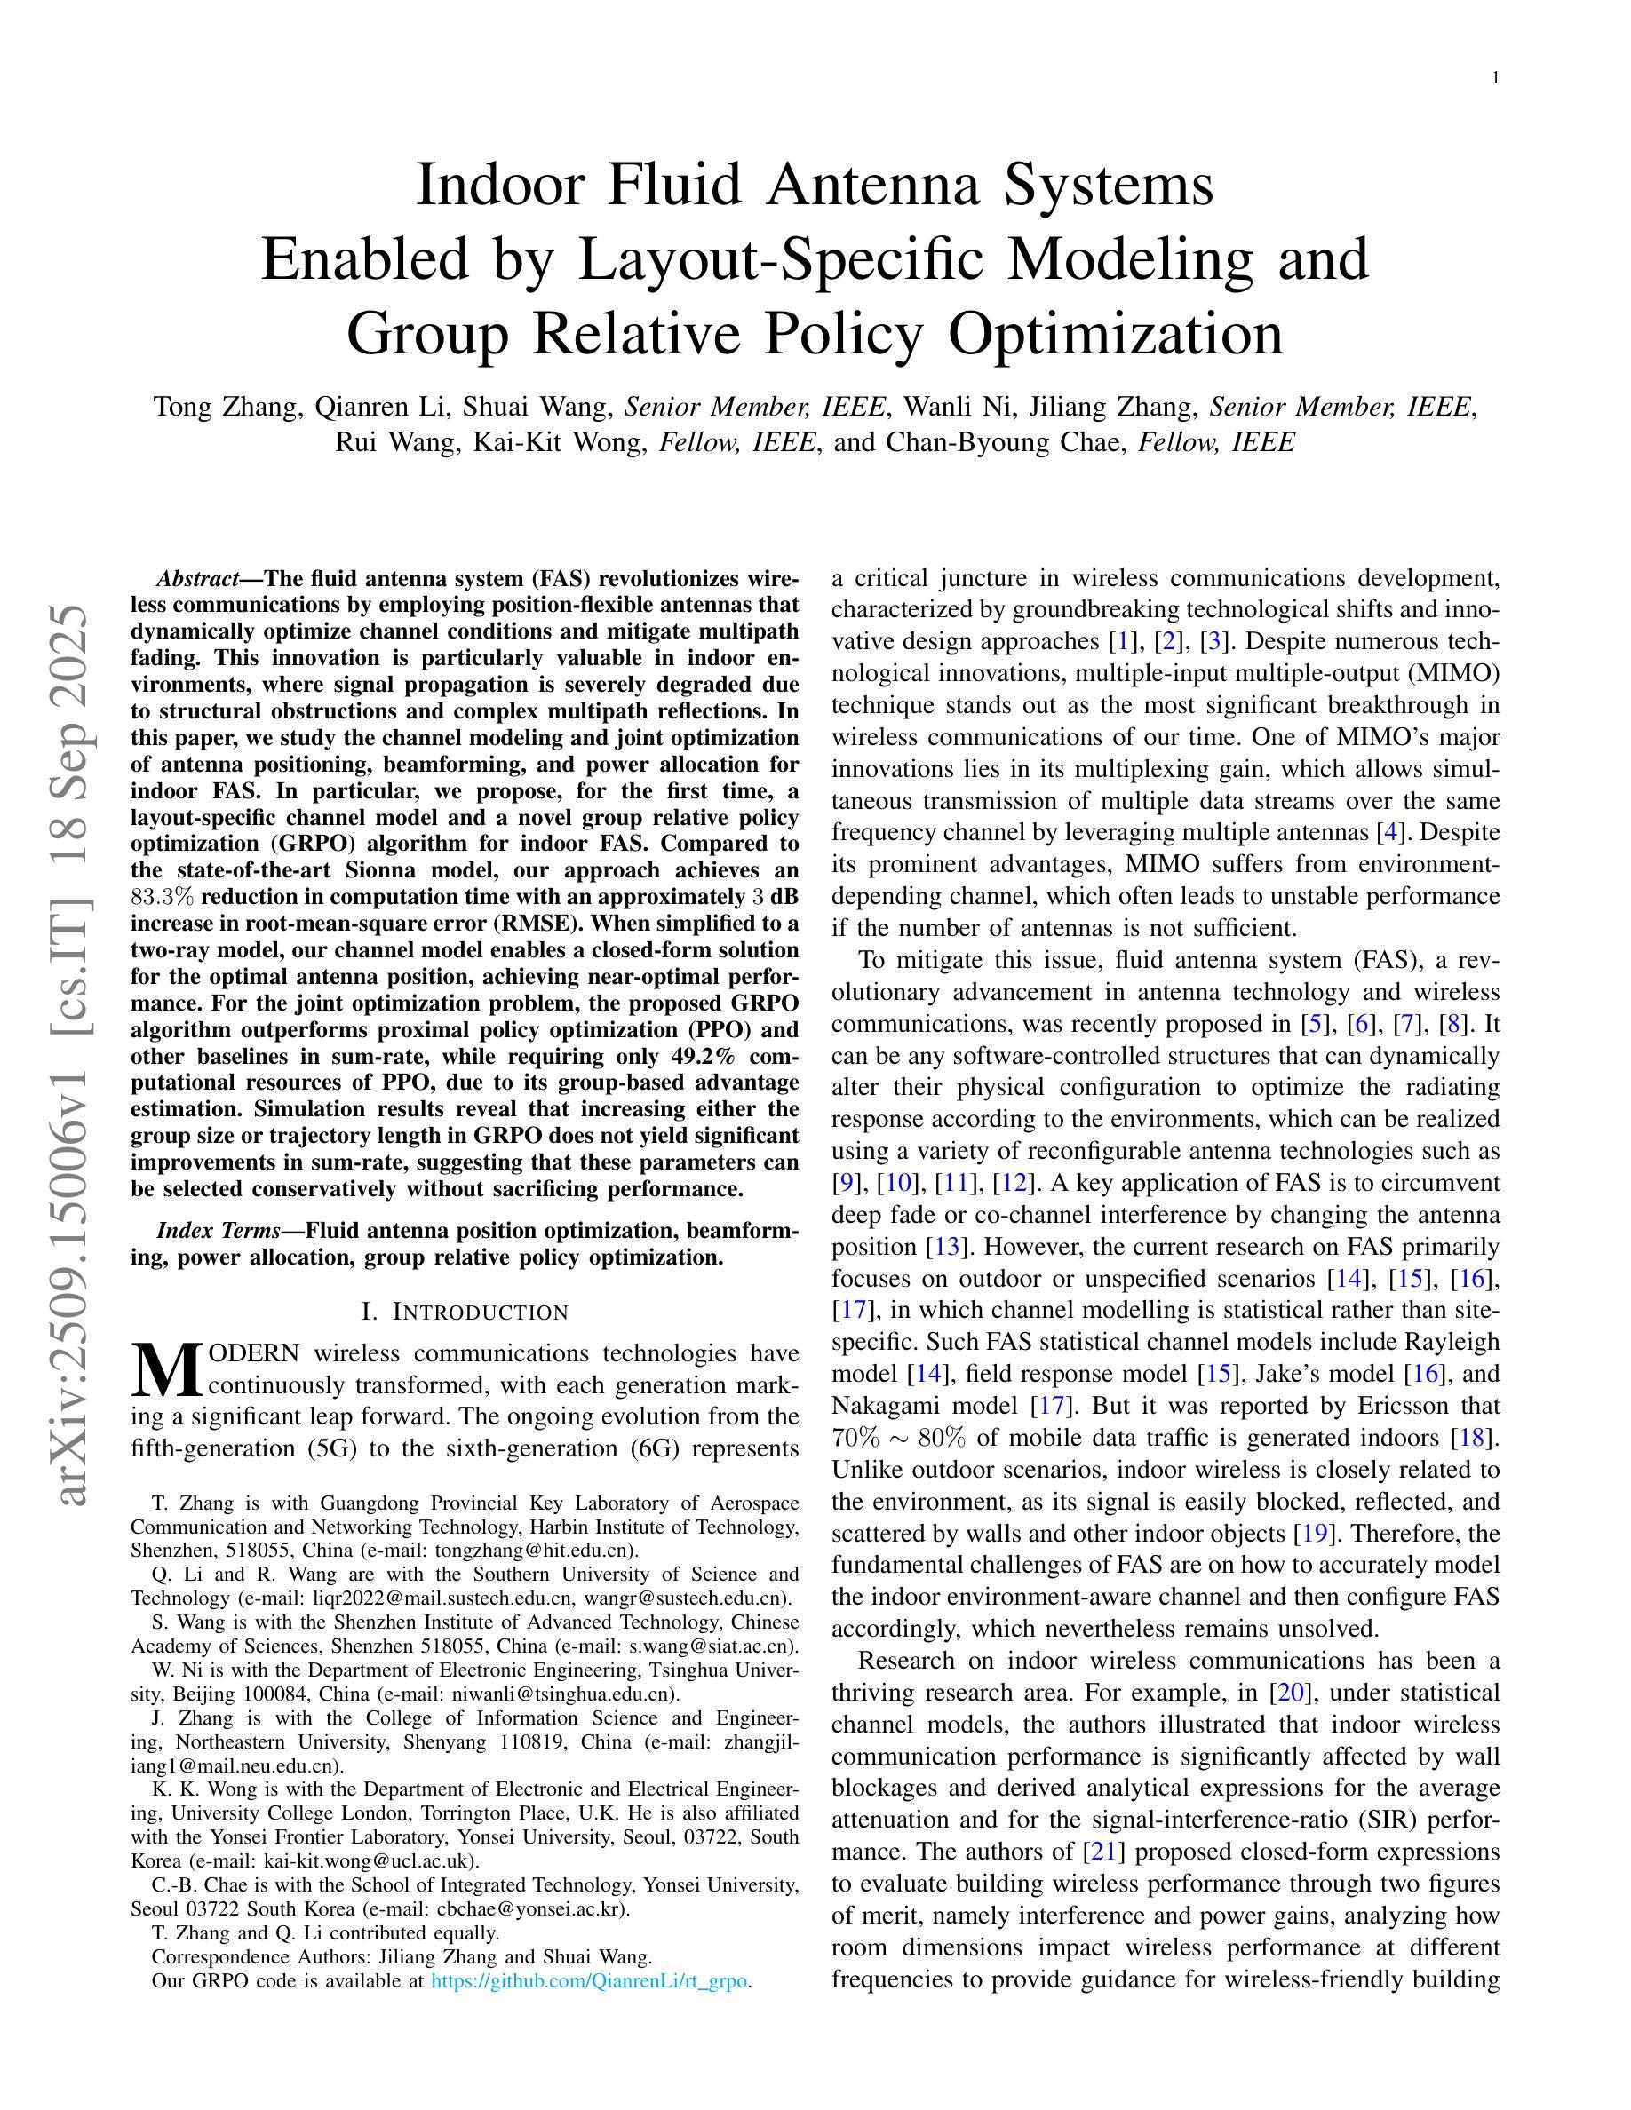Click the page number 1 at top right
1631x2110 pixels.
(1496, 79)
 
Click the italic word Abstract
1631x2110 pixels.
(197, 580)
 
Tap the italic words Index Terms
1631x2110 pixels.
(219, 1231)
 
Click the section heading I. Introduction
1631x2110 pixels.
(465, 1312)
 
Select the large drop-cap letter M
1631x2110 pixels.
(166, 1371)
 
